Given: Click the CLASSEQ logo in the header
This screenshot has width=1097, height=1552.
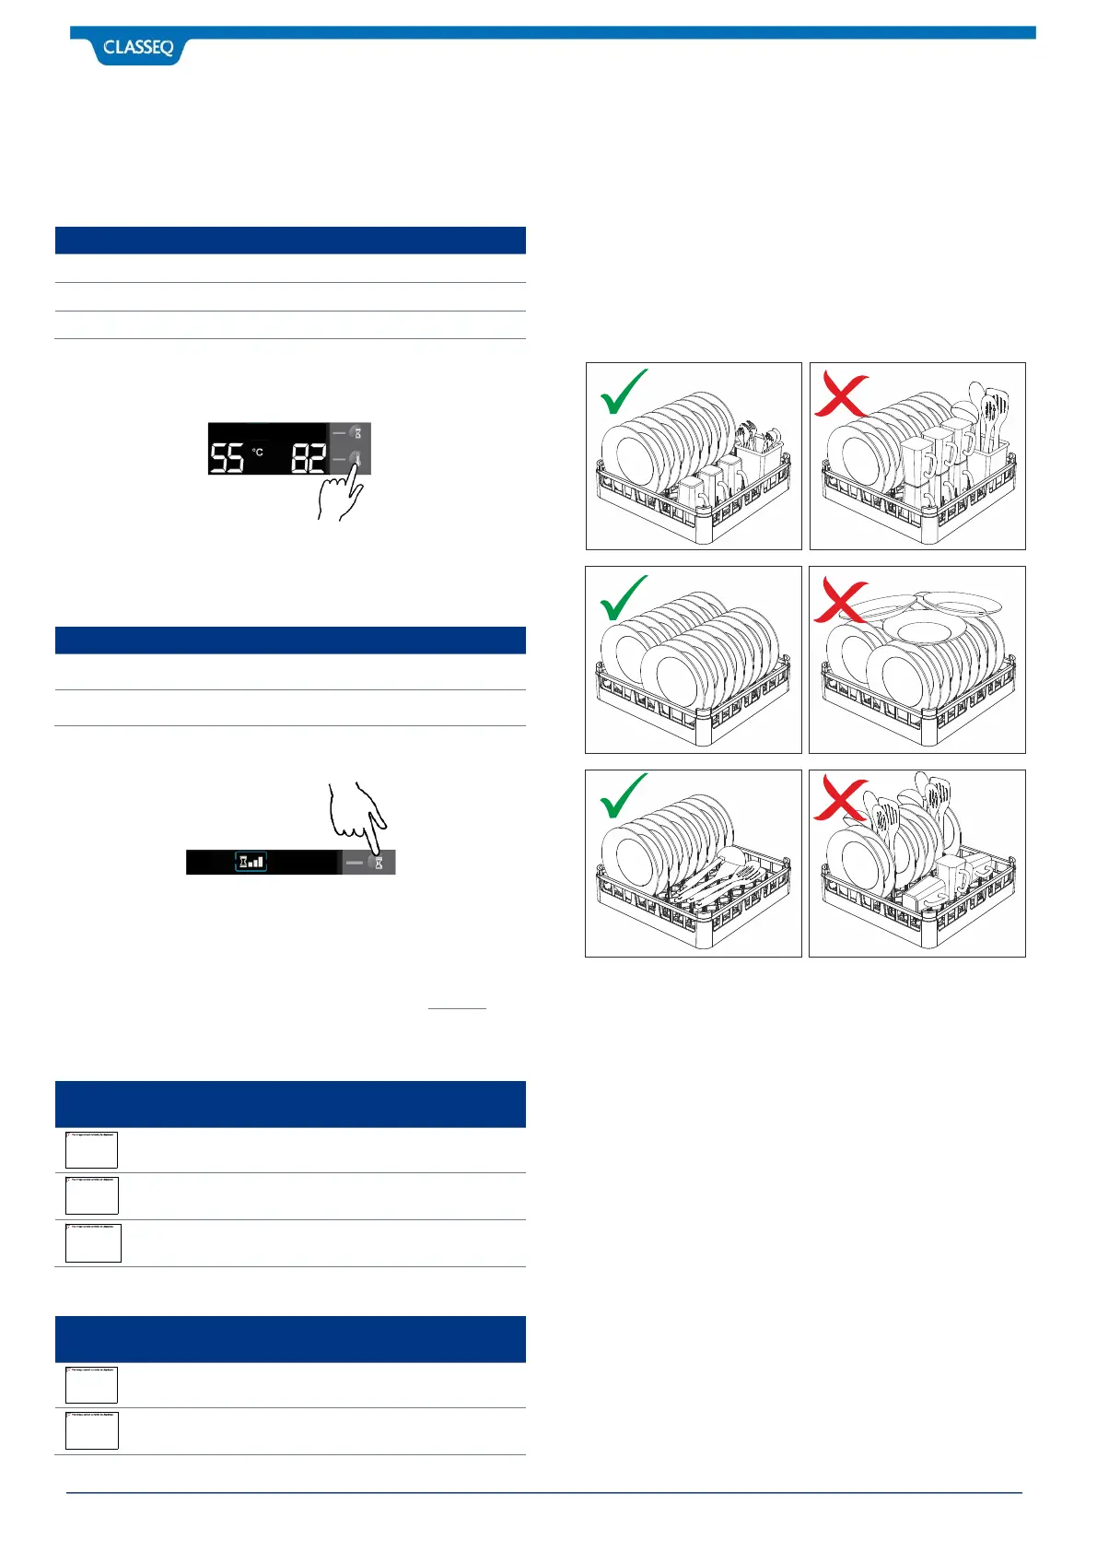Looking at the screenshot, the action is tap(138, 48).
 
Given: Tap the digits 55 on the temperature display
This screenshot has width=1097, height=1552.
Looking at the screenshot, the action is tap(227, 457).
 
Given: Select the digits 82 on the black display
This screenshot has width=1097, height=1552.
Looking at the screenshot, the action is tap(309, 457).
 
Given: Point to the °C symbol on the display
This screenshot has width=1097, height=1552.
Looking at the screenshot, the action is tap(258, 452).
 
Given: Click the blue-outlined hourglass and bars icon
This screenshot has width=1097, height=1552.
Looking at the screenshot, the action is tap(251, 862).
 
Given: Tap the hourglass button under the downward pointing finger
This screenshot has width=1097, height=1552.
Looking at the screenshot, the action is tap(378, 863).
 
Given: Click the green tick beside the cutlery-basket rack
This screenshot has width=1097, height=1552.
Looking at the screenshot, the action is tap(624, 393).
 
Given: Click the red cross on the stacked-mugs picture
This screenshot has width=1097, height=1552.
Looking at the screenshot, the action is tap(840, 396).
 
